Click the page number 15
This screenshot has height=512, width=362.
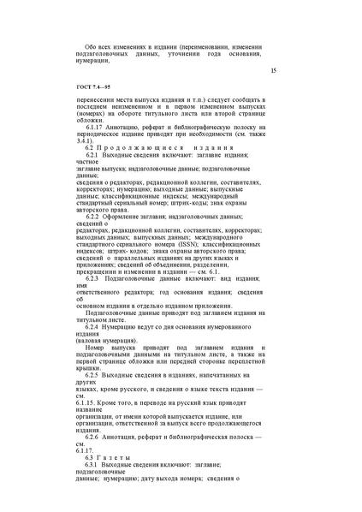click(x=273, y=70)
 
